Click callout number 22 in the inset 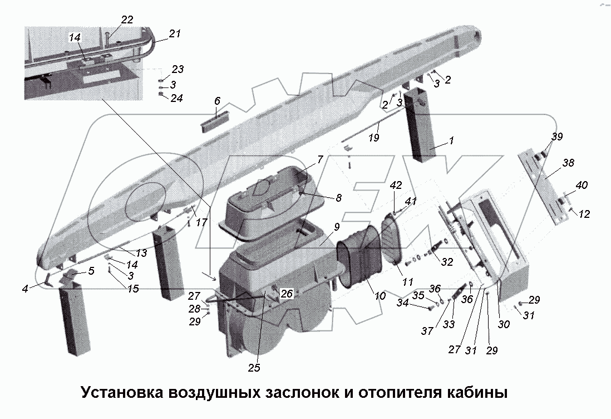127,20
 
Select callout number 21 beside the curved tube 175,34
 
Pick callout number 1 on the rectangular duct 451,142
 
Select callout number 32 447,261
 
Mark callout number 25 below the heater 254,368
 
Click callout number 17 201,222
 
